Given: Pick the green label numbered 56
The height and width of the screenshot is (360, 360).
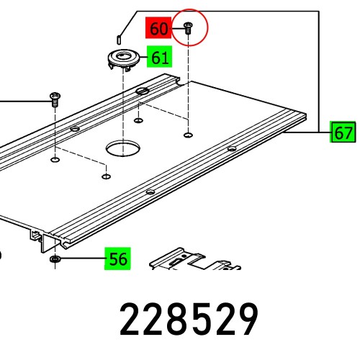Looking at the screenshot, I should [x=117, y=258].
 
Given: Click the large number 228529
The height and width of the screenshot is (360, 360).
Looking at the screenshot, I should [x=189, y=320].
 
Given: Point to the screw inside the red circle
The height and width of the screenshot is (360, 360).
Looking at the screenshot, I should [x=188, y=28].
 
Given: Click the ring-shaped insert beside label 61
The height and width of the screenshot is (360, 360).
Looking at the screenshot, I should [x=124, y=59].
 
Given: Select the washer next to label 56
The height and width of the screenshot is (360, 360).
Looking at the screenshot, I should [x=55, y=258].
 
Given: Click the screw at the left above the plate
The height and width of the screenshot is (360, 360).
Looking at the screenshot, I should [x=55, y=97].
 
